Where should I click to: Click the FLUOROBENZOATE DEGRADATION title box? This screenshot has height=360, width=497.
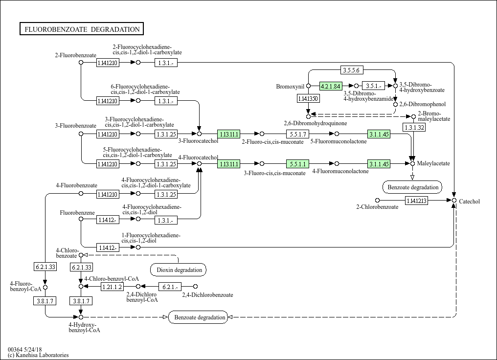pos(82,29)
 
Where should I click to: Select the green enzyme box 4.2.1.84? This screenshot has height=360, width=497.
pos(330,86)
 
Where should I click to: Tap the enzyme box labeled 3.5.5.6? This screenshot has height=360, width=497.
pos(352,70)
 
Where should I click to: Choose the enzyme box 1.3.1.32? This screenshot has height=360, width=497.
pos(414,127)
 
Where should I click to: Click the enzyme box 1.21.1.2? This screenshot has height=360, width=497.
pos(112,287)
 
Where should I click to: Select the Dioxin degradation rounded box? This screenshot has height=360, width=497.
pos(179,270)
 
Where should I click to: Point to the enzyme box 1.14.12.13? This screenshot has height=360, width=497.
pos(416,201)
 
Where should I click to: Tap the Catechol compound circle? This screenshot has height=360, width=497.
pos(454,201)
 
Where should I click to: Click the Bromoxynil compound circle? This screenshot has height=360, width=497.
pos(308,86)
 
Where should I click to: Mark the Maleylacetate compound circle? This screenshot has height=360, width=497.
pos(412,163)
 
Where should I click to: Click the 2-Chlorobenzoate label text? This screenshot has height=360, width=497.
pos(377,207)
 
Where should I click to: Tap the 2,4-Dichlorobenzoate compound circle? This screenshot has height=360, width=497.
pos(195,287)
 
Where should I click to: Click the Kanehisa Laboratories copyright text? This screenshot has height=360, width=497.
pos(38,355)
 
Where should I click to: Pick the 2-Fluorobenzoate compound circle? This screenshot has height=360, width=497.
pos(81,63)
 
